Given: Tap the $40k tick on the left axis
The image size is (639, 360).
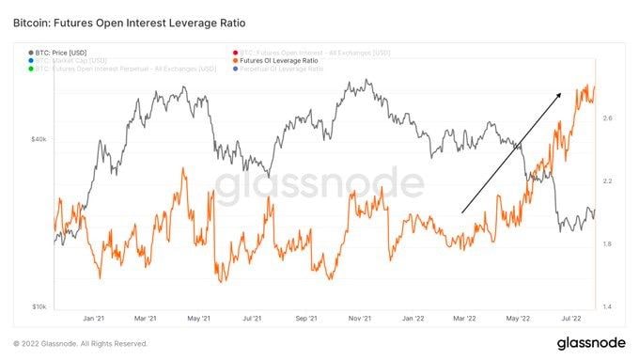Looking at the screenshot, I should [39, 139].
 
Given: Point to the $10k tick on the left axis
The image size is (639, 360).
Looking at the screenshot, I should [39, 306].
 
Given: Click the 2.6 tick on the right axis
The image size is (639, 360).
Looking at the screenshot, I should [609, 118].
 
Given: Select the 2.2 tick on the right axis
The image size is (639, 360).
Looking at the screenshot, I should [609, 180].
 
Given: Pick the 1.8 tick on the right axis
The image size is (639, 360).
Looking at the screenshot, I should [609, 244].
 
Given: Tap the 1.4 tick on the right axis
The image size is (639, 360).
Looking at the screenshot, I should [609, 306].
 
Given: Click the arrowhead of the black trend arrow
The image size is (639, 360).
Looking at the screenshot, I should [560, 93].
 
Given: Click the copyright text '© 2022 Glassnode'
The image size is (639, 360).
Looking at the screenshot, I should [56, 344].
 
